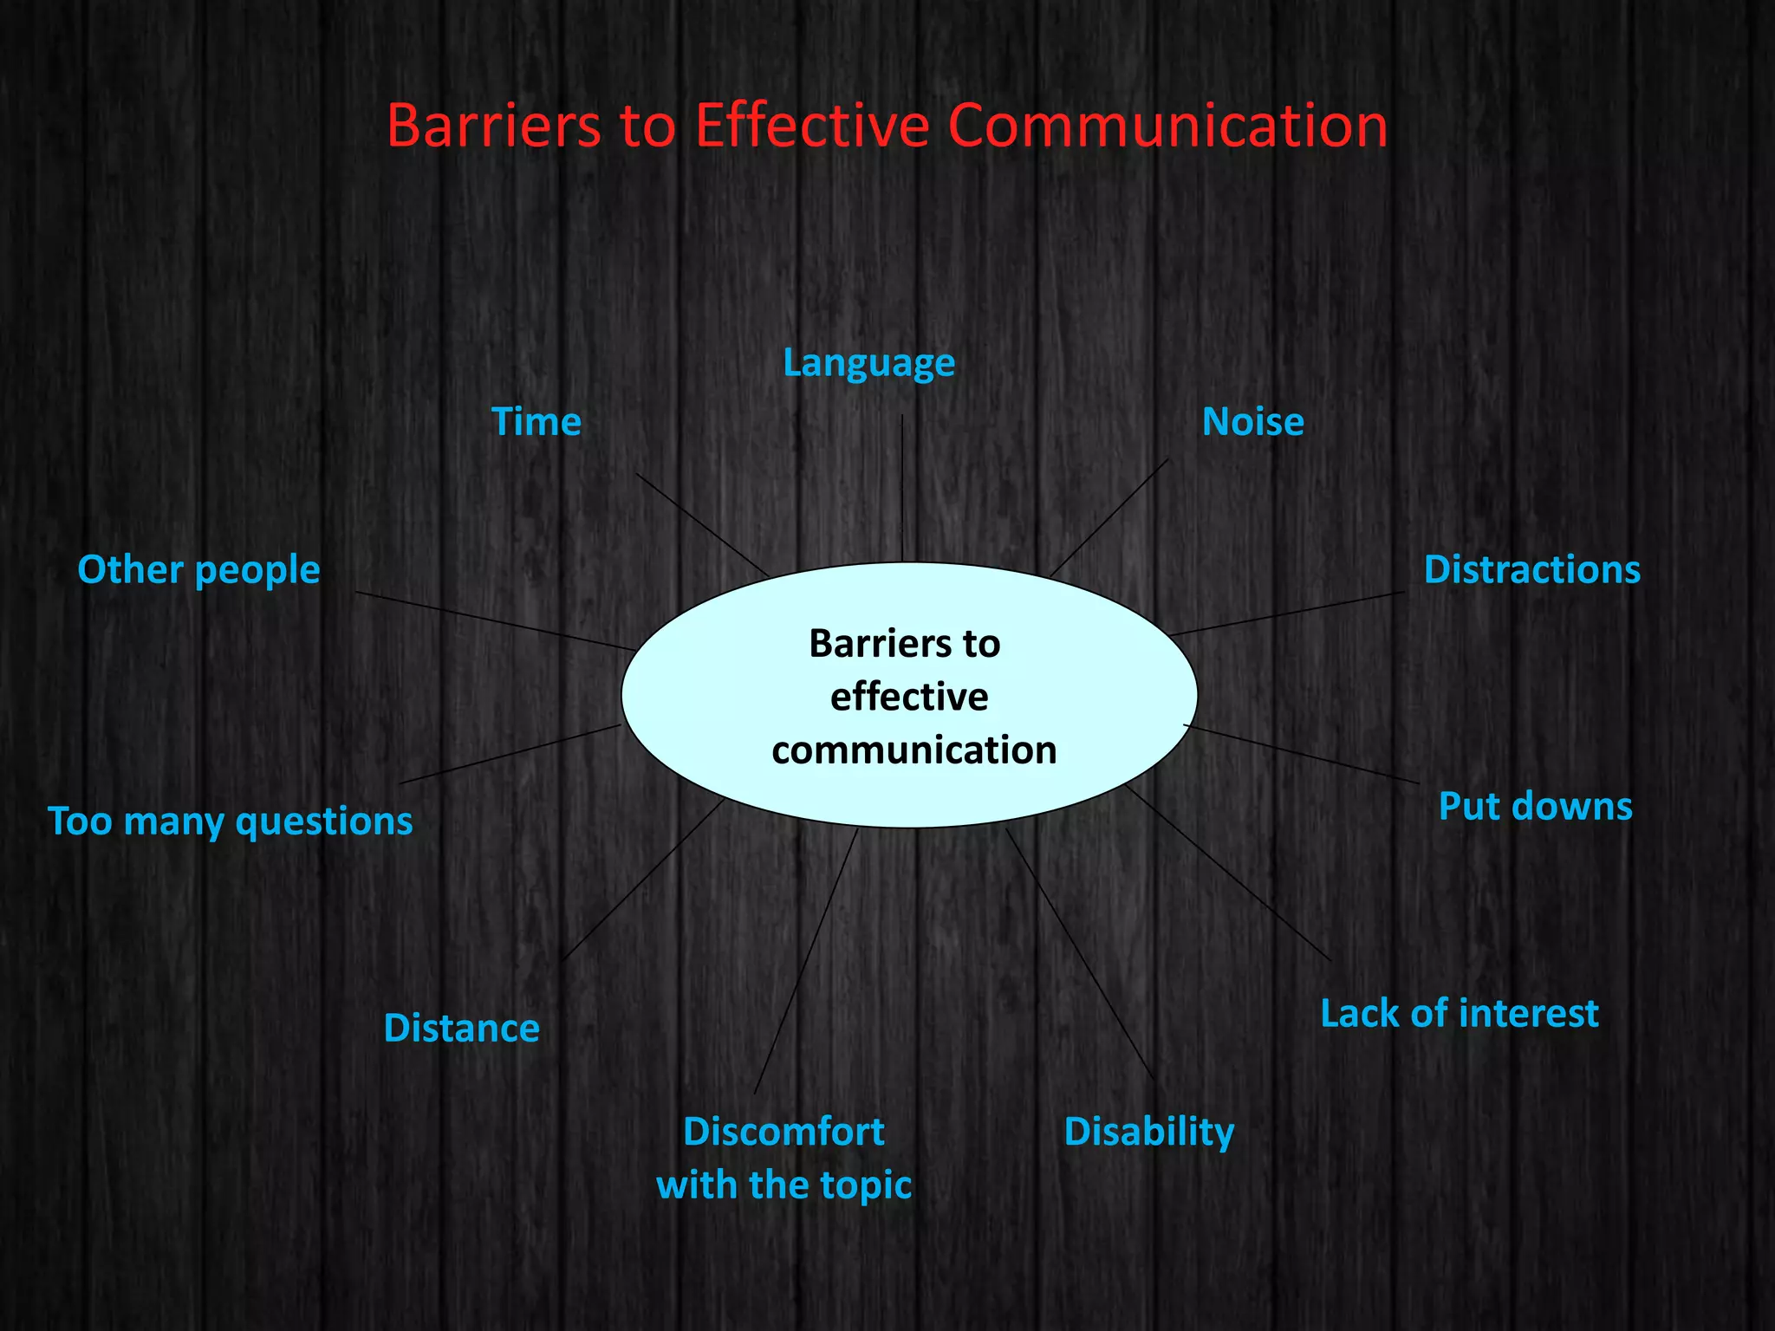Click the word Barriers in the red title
pos(493,126)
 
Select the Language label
pos(868,363)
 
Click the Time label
pos(536,422)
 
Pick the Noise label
pos(1252,422)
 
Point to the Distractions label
pos(1531,570)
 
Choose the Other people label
pos(198,570)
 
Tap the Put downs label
pos(1535,806)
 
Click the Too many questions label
pos(230,821)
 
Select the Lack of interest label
pos(1459,1013)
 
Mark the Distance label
pos(461,1029)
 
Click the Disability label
pos(1148,1132)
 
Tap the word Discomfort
pos(783,1132)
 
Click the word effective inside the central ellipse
pos(908,697)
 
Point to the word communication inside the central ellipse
pos(914,750)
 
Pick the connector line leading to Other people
pos(494,621)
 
